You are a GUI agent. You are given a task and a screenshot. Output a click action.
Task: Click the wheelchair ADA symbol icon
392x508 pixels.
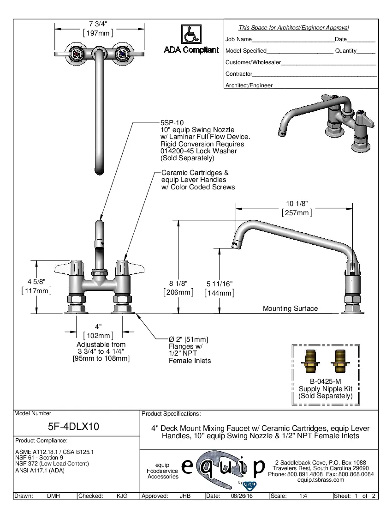191,35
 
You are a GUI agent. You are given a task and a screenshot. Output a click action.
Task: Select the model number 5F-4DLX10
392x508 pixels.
74,426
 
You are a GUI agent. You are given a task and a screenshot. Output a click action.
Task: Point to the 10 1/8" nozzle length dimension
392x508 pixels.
297,203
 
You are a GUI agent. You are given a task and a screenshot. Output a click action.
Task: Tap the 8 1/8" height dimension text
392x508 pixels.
178,284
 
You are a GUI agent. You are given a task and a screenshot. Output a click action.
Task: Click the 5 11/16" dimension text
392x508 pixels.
220,284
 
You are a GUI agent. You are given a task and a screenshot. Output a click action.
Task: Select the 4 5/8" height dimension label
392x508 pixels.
36,281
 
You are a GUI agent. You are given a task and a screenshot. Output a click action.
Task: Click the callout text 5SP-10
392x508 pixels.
172,122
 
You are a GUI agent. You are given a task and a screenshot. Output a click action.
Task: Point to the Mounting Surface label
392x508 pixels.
290,308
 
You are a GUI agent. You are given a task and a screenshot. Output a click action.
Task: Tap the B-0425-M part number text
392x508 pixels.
325,381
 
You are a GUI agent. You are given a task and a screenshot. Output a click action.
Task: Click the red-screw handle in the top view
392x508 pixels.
76,54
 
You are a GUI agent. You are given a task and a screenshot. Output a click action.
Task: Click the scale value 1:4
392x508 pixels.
303,496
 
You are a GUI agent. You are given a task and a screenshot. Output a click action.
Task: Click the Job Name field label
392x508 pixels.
238,39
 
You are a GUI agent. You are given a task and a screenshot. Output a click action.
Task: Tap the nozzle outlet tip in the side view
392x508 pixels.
235,244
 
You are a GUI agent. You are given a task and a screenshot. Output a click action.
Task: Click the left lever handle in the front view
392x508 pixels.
69,268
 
